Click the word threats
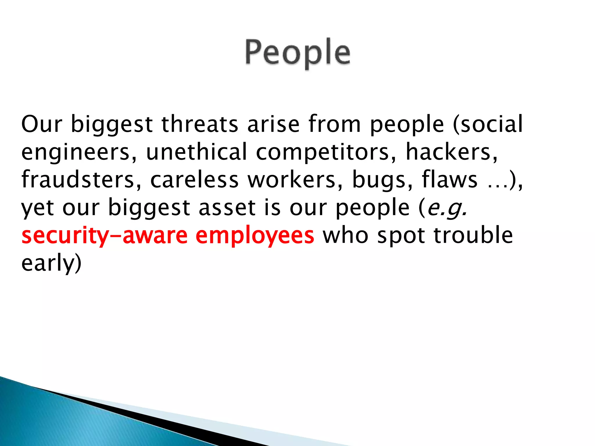click(200, 124)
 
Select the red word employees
click(255, 236)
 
